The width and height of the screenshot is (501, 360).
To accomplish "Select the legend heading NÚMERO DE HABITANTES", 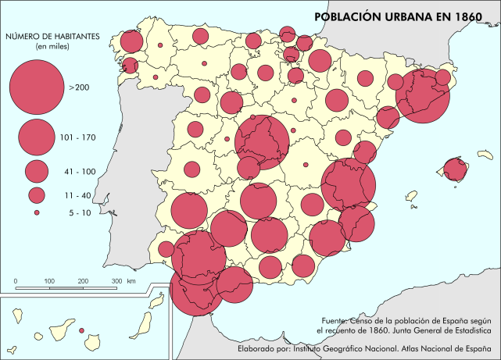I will tap(52, 36).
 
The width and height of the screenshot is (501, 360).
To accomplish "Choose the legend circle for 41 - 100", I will tap(37, 170).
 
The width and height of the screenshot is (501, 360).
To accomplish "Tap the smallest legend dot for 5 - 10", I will tap(37, 212).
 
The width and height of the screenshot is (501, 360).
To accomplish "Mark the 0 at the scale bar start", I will tap(16, 280).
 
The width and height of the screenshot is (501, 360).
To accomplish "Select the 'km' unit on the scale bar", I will tap(131, 280).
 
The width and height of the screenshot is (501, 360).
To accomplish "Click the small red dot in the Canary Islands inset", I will tap(81, 330).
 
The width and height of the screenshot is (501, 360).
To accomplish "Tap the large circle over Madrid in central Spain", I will tap(262, 142).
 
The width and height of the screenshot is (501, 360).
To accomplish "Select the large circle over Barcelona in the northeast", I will tap(422, 94).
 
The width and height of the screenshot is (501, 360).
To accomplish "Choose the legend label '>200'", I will tap(79, 87).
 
